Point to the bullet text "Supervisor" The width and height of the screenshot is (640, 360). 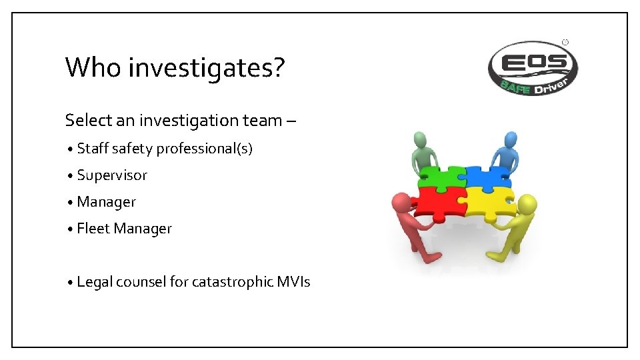[x=112, y=175]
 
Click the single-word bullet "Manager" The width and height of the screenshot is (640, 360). [x=107, y=202]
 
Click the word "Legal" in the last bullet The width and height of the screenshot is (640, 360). [x=94, y=282]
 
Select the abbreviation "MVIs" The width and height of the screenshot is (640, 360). [x=293, y=282]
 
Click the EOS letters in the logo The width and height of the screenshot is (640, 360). [x=533, y=63]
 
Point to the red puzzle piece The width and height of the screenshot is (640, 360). [x=437, y=203]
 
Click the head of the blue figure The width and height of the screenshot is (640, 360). [x=510, y=139]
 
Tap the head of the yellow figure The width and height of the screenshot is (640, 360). [x=527, y=203]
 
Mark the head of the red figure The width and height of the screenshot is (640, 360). [x=401, y=202]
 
